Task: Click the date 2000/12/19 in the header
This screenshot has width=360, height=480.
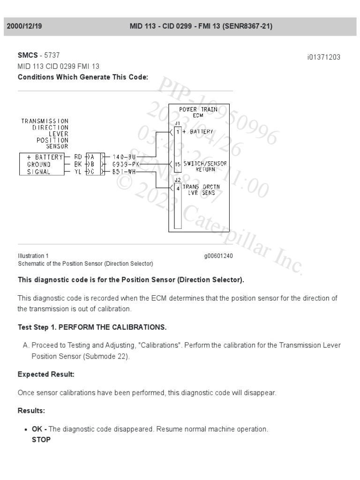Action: point(24,26)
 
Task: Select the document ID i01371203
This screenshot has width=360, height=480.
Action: point(323,57)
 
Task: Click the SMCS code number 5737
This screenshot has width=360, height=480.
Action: point(52,55)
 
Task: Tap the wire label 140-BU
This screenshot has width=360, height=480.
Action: point(124,157)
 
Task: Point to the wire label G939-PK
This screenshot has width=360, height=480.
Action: point(125,165)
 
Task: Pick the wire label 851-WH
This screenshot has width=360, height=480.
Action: point(124,172)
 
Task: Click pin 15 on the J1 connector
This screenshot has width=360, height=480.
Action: point(178,165)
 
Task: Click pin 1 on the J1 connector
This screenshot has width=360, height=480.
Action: point(178,132)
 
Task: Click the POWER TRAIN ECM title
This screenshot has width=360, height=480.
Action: point(198,112)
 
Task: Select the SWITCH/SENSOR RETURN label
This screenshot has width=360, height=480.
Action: point(205,166)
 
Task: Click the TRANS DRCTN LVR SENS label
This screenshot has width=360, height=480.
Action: point(205,190)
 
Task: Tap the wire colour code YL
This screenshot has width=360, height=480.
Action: point(78,172)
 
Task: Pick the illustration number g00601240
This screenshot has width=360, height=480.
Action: point(218,256)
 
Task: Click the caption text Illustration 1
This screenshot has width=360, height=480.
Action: point(33,256)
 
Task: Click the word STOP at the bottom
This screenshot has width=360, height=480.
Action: point(41,440)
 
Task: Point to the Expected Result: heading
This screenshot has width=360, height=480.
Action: point(46,375)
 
